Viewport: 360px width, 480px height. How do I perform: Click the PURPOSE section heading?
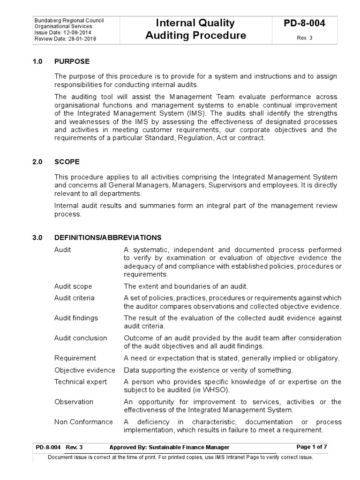(72, 61)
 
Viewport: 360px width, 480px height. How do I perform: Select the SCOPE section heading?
(67, 162)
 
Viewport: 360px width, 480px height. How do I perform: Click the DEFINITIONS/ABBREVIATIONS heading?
(108, 238)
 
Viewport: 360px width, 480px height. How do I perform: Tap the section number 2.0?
(37, 162)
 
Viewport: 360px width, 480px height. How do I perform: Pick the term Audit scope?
(73, 286)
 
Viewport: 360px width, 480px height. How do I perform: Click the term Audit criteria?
(74, 298)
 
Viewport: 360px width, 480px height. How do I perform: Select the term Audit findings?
(76, 318)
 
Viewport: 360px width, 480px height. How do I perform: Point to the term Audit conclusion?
(81, 338)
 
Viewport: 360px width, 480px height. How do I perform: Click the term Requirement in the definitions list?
(75, 358)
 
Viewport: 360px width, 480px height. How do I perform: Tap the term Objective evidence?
(84, 370)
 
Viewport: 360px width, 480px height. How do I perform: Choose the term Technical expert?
(81, 382)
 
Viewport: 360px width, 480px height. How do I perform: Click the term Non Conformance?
(83, 422)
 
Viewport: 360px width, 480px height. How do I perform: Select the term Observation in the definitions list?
(74, 402)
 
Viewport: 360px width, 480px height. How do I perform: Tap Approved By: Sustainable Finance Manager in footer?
(169, 447)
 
